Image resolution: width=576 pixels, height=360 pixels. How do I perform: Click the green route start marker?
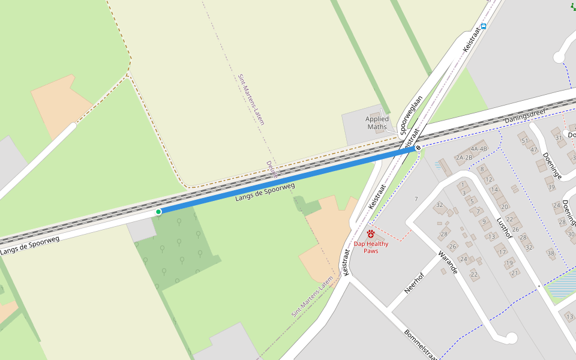(x=158, y=212)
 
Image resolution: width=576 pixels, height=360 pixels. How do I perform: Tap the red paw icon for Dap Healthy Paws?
(x=371, y=233)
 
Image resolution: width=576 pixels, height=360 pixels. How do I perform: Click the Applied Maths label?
(x=377, y=123)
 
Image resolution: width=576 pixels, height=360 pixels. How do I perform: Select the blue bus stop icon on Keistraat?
(x=483, y=26)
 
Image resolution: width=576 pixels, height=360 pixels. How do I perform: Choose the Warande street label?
(x=448, y=262)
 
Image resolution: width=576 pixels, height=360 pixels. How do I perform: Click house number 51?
(x=525, y=141)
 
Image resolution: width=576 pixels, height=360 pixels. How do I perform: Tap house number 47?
(x=533, y=150)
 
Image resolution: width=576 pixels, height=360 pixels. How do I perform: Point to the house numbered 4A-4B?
(x=479, y=149)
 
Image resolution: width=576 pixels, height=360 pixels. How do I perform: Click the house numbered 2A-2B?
(x=464, y=158)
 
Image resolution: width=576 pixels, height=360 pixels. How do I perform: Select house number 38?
(x=551, y=253)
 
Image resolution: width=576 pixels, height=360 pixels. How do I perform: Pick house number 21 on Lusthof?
(x=515, y=273)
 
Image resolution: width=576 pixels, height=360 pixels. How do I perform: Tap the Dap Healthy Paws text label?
(x=371, y=247)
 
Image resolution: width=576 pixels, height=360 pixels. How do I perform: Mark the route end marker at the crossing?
(x=418, y=148)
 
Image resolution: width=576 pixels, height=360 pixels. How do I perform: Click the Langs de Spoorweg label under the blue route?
(x=265, y=193)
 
